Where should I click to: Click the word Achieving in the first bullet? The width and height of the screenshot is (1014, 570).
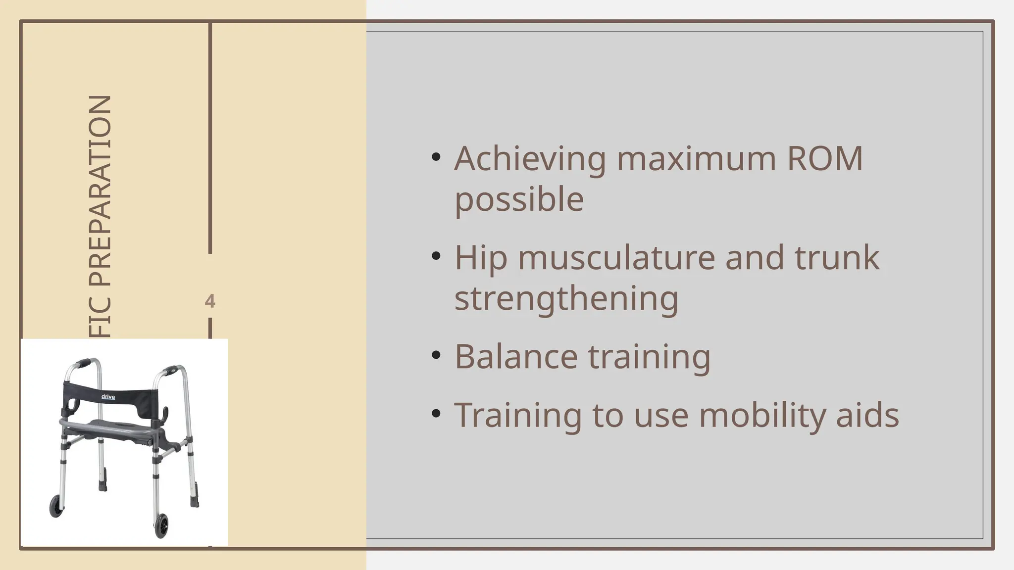pos(530,159)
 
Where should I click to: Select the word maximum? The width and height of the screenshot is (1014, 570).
pos(696,159)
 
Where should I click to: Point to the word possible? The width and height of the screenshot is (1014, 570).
pos(519,200)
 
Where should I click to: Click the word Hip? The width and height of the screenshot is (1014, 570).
pos(481,258)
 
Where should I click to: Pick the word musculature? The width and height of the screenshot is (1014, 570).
pos(616,258)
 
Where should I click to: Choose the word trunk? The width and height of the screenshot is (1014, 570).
pos(837,258)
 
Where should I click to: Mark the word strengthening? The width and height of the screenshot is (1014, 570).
pos(566,299)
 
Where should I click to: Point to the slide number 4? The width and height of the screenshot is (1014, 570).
pos(210,301)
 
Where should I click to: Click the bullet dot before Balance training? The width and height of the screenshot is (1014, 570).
pos(436,355)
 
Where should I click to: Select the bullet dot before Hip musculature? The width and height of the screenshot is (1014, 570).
pos(436,256)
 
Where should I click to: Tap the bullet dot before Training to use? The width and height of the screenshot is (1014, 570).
pos(436,414)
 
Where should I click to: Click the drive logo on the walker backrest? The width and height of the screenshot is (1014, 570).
pos(108,396)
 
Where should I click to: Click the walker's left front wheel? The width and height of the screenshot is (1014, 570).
pos(56,506)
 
